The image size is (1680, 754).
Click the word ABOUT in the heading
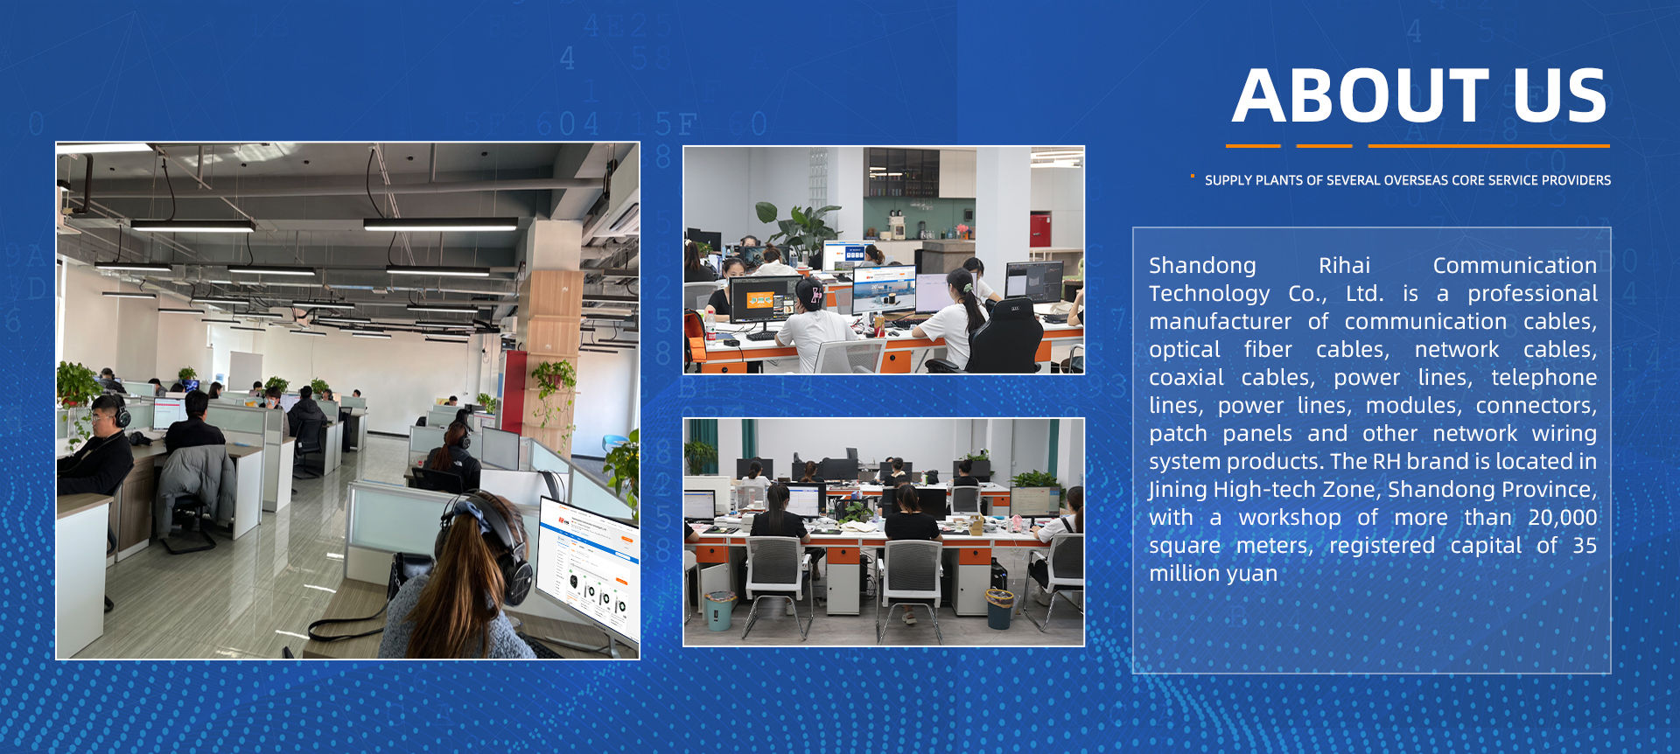(1361, 95)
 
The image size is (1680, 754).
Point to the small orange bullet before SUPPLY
(1192, 177)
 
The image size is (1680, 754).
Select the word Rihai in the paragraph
(1344, 265)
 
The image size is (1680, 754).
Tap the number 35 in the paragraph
(1585, 545)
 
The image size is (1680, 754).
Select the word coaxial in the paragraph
(1186, 378)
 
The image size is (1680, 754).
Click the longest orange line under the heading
(1488, 146)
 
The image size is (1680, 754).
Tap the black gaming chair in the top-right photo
(1009, 337)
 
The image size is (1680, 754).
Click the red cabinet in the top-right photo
(1039, 230)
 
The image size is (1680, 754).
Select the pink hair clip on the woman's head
(817, 295)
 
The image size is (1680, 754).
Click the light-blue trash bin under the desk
(719, 610)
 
